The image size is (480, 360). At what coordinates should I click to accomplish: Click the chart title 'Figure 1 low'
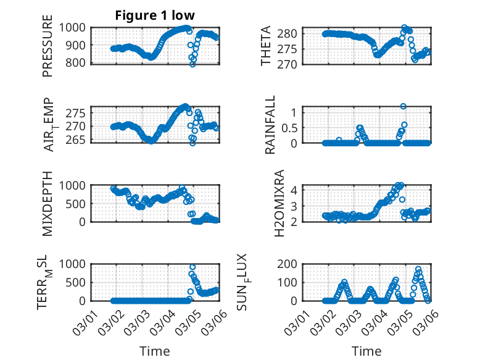pos(155,16)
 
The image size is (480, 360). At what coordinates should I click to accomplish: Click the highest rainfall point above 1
pos(403,106)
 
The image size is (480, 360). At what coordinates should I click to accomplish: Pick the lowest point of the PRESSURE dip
pos(192,64)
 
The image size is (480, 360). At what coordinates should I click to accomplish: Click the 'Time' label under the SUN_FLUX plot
pos(366,351)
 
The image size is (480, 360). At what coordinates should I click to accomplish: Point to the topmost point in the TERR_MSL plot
pos(192,267)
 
